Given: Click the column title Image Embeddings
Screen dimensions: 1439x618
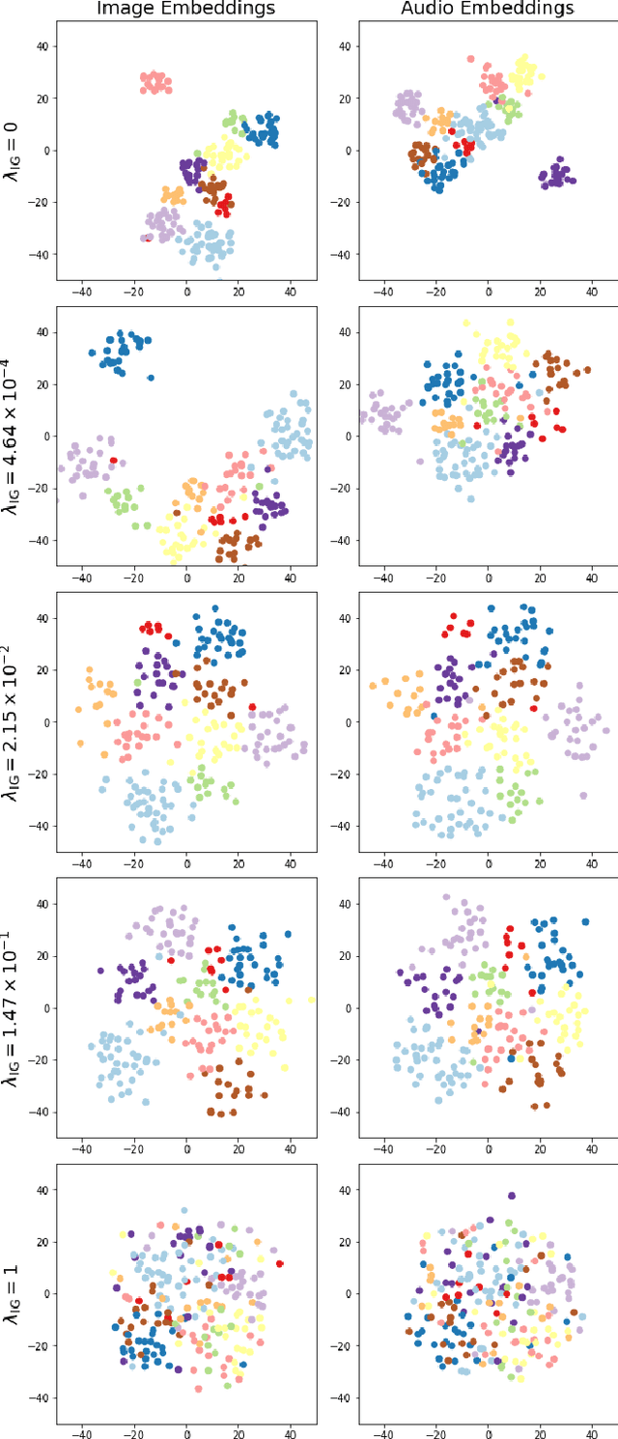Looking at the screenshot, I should click(x=186, y=9).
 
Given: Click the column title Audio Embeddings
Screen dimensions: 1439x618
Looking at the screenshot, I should click(x=488, y=9).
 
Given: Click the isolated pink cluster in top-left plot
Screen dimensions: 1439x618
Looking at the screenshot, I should click(x=154, y=83).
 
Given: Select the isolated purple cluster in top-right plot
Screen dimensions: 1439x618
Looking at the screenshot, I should click(x=557, y=175).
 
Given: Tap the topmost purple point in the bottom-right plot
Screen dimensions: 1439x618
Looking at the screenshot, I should click(x=512, y=1196).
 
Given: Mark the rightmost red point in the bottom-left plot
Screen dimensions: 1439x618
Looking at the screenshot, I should click(x=280, y=1263).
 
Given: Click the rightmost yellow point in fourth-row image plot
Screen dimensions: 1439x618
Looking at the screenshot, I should click(x=311, y=1001).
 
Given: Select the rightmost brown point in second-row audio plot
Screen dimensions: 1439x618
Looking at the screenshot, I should click(x=587, y=370).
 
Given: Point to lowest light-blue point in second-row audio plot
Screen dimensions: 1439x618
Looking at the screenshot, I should click(x=471, y=498).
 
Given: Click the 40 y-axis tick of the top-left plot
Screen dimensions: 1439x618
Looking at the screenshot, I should click(x=42, y=45).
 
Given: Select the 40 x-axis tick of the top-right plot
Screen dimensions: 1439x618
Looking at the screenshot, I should click(x=592, y=289).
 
